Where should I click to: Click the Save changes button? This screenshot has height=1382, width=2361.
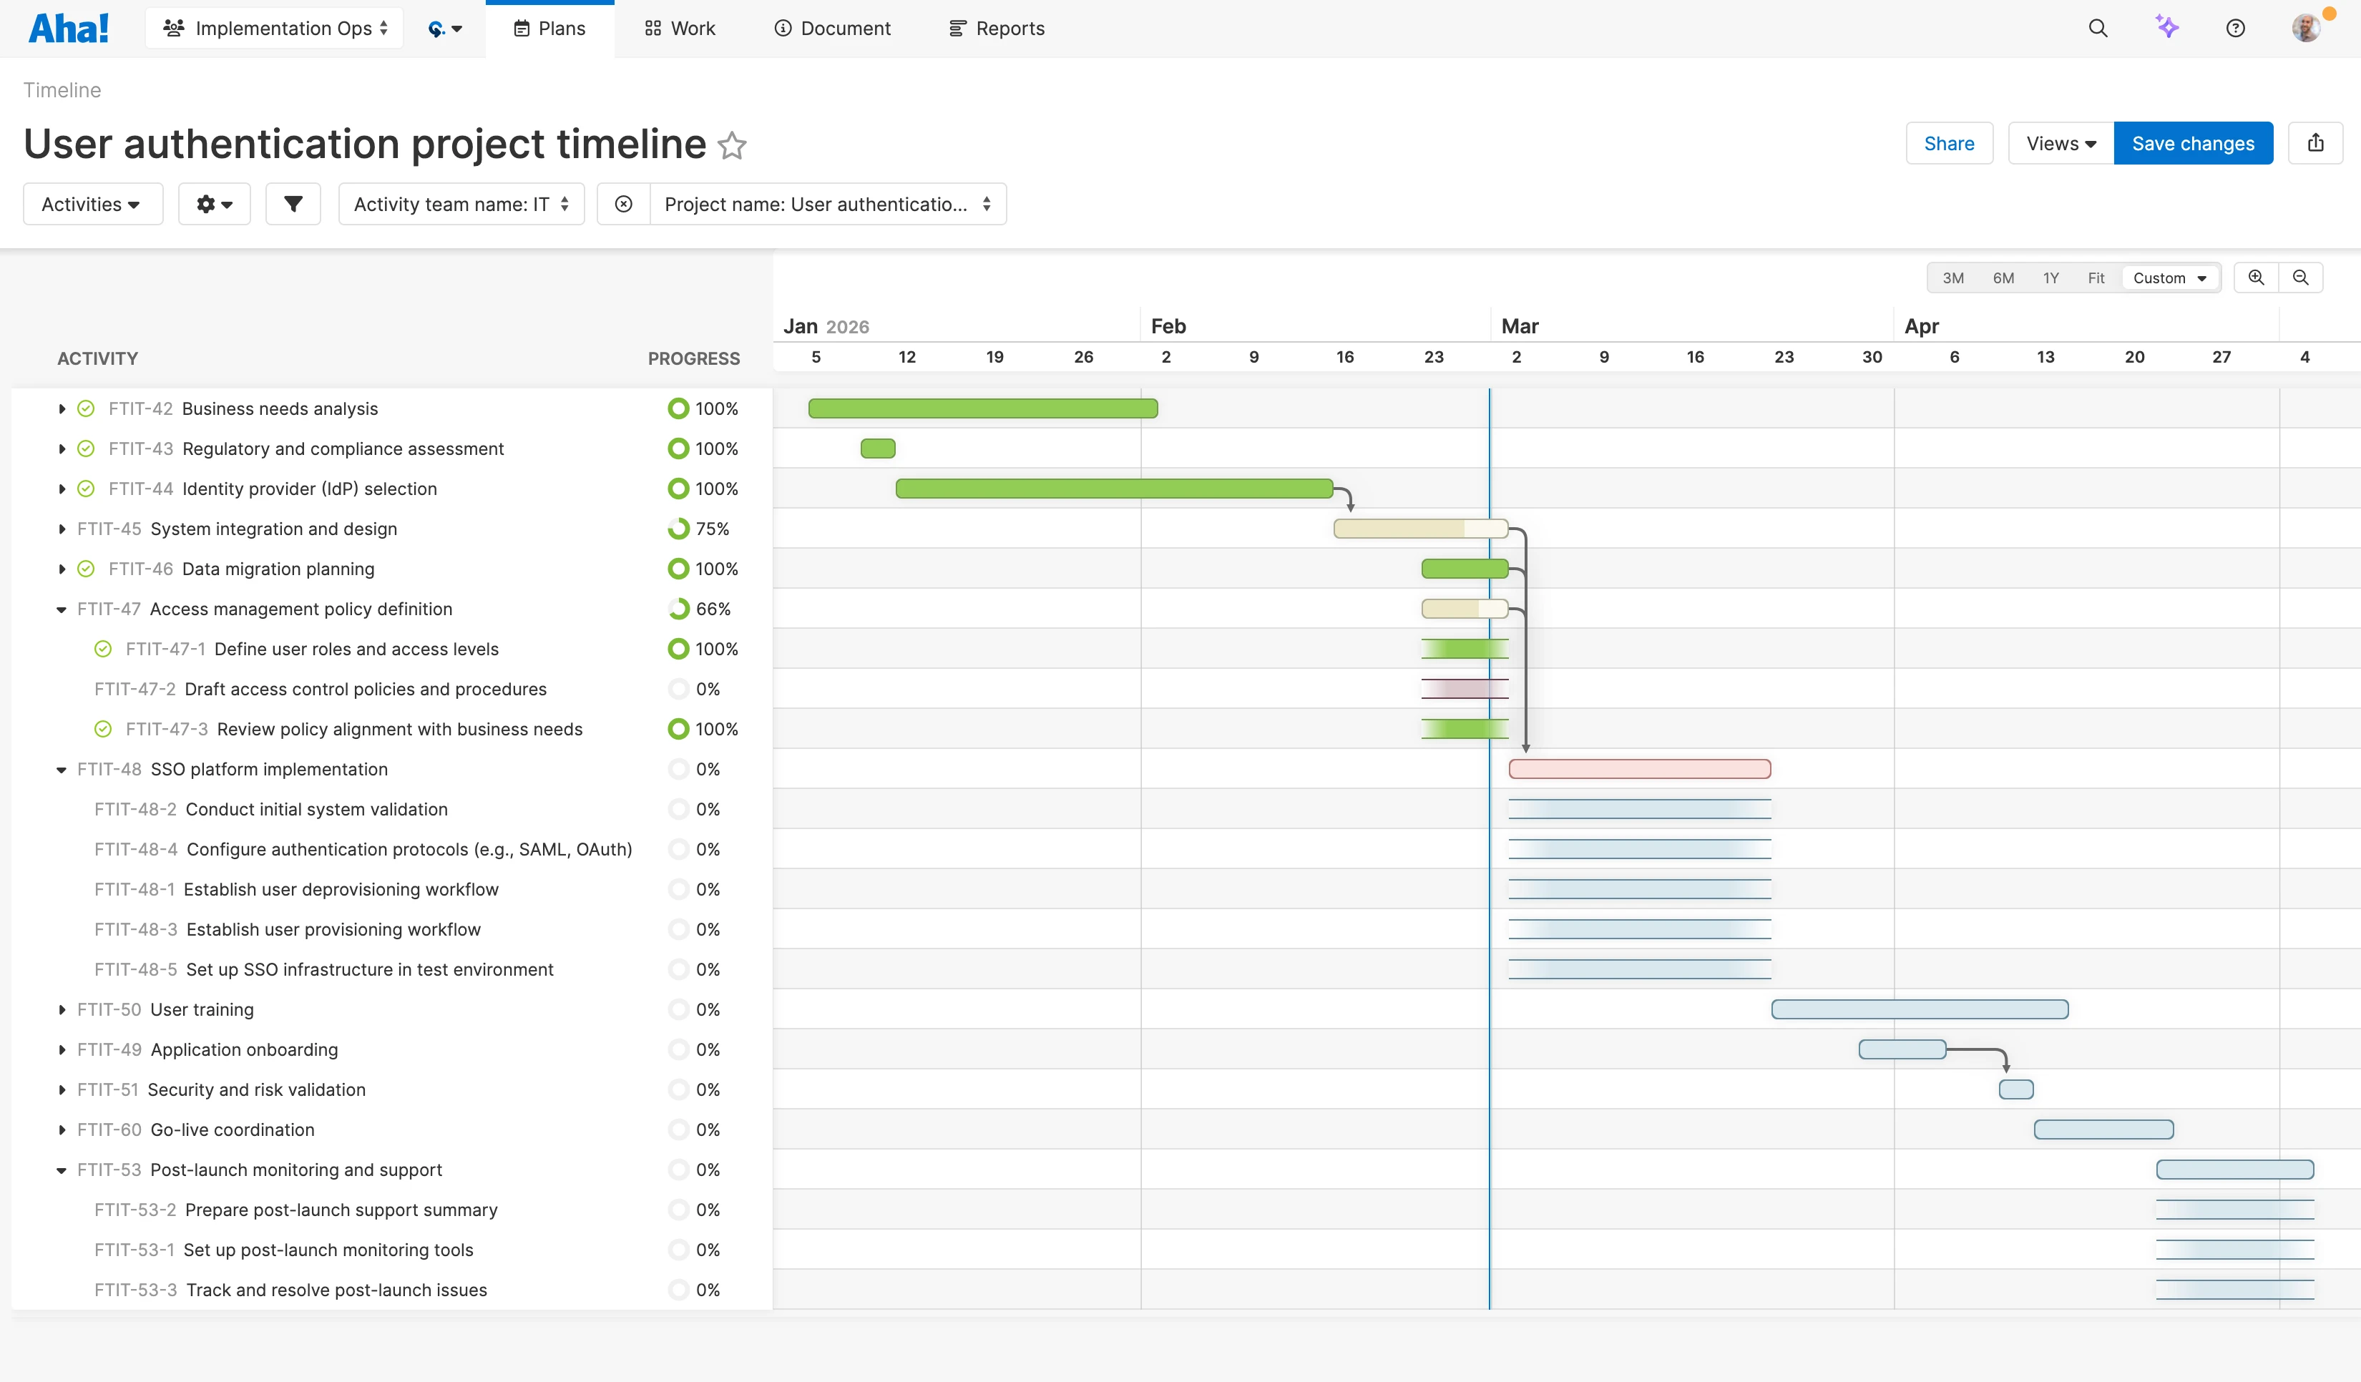coord(2192,143)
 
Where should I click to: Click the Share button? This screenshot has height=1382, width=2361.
coord(1949,143)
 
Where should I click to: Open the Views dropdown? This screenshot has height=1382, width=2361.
coord(2061,143)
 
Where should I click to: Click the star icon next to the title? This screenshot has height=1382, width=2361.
coord(732,145)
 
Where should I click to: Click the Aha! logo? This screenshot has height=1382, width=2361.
coord(69,28)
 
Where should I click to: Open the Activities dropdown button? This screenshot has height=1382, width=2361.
coord(92,205)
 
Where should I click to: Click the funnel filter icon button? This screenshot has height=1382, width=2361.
coord(293,205)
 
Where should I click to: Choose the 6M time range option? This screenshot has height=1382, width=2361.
coord(2003,278)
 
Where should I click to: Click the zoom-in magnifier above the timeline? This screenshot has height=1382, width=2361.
coord(2256,278)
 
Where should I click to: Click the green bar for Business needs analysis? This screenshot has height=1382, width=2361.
coord(983,408)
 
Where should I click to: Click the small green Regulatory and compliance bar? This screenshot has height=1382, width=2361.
coord(878,449)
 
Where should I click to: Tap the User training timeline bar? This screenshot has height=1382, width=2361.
coord(1919,1009)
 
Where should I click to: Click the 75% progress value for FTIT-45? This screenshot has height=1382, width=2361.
coord(712,529)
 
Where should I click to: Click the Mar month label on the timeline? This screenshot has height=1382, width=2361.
coord(1520,326)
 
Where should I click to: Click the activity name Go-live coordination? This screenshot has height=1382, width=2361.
coord(233,1130)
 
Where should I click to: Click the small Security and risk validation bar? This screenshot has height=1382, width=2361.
coord(2015,1089)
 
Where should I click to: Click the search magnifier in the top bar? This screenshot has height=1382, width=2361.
coord(2098,28)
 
